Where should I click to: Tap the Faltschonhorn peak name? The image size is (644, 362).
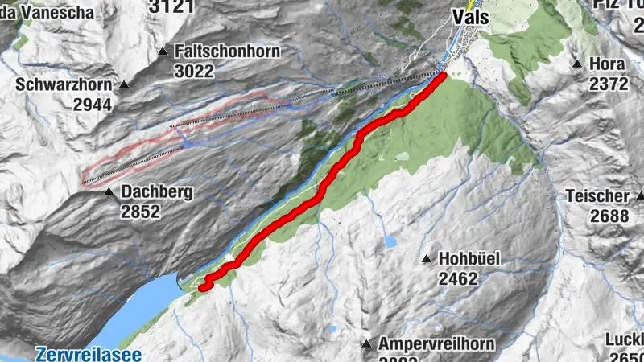point(227,51)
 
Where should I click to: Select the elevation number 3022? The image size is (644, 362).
point(195,71)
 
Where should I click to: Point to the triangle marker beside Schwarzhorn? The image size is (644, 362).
point(125,84)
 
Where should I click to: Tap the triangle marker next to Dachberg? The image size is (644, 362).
point(109,191)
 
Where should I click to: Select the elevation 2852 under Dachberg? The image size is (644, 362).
point(142,212)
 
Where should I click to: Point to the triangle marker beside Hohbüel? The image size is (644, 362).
point(427,259)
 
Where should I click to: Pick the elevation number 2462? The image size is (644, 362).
point(459,279)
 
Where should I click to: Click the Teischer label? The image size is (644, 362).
point(597,195)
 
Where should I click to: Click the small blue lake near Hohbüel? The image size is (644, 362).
point(390,241)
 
